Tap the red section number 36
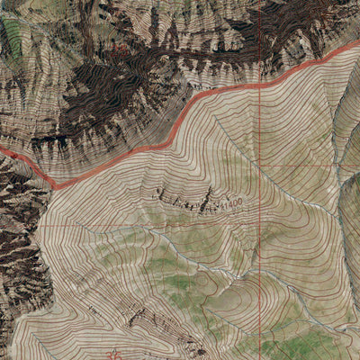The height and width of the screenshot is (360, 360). point(114,354)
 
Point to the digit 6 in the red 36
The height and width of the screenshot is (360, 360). point(118,354)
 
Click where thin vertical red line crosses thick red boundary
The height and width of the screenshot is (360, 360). point(260,84)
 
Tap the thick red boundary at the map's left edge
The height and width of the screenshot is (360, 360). point(2,150)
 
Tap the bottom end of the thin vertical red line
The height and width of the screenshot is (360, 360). point(260,357)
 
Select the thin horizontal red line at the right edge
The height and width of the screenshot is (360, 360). point(356,167)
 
